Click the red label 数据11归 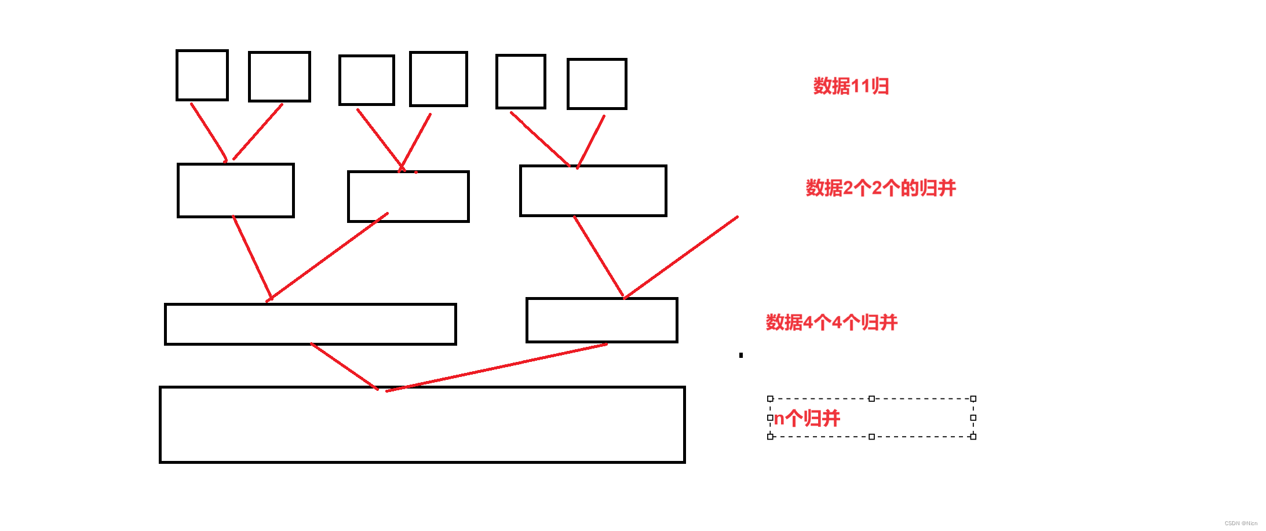851,86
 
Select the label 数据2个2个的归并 880,188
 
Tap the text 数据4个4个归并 831,322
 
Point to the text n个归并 807,418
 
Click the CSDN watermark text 1241,523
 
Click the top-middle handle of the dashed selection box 871,398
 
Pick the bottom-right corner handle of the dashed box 973,437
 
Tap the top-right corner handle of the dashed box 973,398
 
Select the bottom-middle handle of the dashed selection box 871,437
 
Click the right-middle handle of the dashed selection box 973,418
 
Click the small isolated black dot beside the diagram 740,355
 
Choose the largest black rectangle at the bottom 422,424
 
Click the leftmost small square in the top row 202,75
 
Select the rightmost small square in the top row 597,83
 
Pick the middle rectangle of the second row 408,196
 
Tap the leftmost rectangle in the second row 236,191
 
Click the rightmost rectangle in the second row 593,191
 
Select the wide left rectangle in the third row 311,324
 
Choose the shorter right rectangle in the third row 601,320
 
